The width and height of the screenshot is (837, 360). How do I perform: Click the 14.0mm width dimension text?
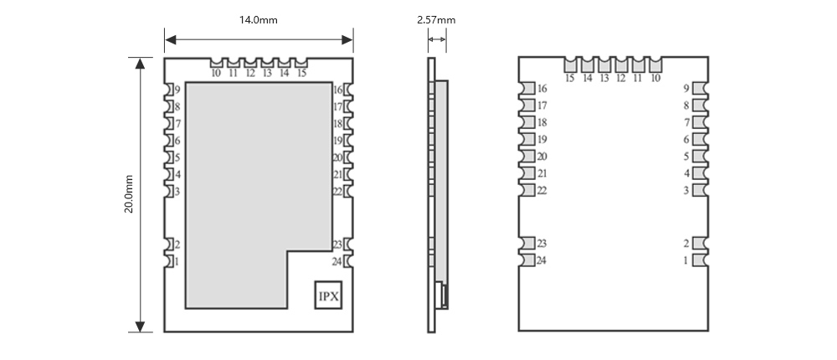259,20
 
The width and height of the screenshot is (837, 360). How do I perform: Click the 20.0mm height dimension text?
129,193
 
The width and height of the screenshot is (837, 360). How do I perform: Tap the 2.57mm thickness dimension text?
436,20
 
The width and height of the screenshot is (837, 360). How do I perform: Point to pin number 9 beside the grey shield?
177,90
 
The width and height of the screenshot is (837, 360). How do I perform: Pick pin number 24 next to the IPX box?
336,261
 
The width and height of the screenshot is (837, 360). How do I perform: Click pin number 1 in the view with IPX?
177,261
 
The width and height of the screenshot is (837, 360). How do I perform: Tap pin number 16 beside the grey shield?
336,90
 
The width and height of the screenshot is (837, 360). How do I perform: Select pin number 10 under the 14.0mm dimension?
216,74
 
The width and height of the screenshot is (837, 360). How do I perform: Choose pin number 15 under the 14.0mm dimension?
301,74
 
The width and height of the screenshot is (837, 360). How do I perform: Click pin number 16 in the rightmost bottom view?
542,89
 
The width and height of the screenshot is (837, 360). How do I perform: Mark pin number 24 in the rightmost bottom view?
542,260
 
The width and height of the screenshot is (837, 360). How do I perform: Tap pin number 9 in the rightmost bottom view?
686,89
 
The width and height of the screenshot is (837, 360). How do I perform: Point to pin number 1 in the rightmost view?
686,260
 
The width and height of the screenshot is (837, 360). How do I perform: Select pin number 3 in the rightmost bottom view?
686,191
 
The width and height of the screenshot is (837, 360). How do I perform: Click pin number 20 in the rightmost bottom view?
542,157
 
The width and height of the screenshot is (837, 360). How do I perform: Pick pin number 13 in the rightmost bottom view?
603,79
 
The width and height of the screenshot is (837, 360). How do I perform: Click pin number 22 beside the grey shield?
336,192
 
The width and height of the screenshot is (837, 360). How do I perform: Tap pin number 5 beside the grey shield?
177,157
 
